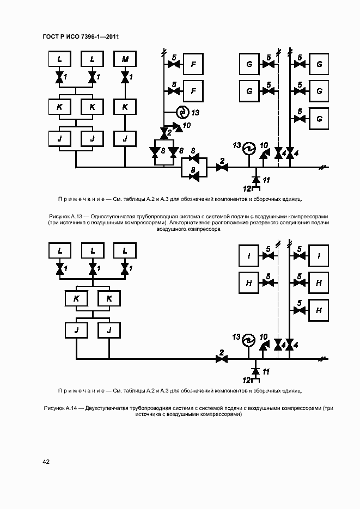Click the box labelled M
click(125, 59)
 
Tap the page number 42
click(46, 462)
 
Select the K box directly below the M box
click(125, 107)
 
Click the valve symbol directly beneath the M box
click(125, 78)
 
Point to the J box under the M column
click(125, 139)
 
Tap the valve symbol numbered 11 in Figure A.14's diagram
click(256, 371)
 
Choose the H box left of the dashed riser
click(249, 282)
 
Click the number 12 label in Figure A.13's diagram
click(247, 188)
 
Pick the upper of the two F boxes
click(192, 64)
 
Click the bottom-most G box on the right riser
click(319, 119)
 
